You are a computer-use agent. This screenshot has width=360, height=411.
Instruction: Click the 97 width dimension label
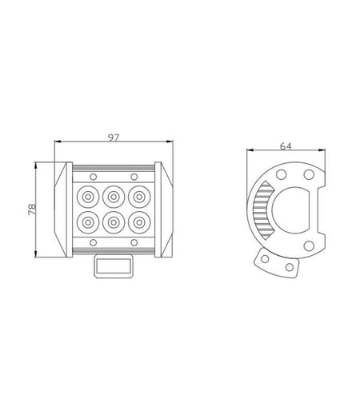114,138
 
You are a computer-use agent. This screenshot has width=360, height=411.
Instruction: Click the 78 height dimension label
32,209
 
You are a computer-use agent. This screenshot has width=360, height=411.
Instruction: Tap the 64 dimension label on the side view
286,146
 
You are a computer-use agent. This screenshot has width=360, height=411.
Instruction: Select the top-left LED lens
88,197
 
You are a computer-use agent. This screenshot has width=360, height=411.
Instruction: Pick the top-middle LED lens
114,197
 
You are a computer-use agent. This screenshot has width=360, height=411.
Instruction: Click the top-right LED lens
139,197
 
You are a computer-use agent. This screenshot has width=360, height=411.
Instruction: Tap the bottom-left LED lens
88,222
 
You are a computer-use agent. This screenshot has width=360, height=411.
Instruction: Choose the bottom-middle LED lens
114,222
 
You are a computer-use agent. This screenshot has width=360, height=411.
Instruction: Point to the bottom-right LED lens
139,222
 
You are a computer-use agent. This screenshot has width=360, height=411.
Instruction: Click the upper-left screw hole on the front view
93,177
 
